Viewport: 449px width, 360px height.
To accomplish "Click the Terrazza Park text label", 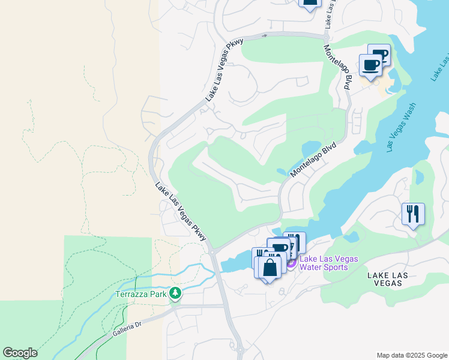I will click(141, 294).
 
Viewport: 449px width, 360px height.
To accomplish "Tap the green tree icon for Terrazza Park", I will click(175, 294).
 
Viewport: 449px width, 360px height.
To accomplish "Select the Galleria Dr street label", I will click(125, 328).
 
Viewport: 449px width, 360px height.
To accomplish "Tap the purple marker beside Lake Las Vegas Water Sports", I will click(291, 263).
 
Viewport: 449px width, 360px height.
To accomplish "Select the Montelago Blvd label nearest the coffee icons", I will click(337, 67).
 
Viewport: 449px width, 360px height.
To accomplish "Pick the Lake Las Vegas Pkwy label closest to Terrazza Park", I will click(180, 212).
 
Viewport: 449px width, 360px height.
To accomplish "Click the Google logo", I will click(20, 353).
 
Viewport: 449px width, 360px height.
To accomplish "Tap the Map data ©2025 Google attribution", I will click(412, 355).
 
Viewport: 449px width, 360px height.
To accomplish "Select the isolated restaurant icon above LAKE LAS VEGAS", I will click(412, 214).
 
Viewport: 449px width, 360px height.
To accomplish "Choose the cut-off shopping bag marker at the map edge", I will click(310, 3).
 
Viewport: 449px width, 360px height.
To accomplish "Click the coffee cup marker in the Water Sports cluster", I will click(280, 248).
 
